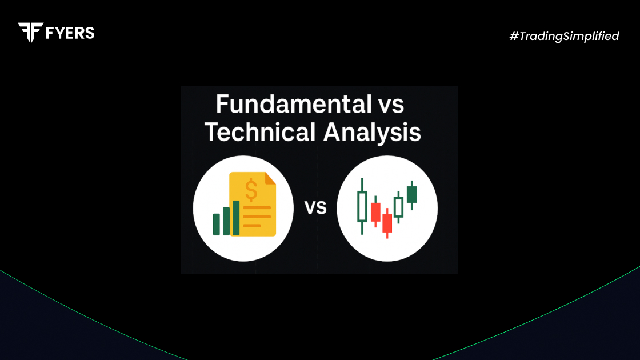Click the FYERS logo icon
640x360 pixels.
pos(31,32)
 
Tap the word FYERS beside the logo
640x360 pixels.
pos(70,33)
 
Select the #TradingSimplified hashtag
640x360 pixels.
pos(564,37)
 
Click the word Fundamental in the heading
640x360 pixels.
pos(294,104)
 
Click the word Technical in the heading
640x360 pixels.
pos(260,132)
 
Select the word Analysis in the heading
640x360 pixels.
pos(372,133)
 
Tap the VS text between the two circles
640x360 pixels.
pos(315,208)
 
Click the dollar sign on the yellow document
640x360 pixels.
pos(251,191)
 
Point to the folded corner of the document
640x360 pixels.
pos(270,178)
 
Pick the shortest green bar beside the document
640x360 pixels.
pos(217,225)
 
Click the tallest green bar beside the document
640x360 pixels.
pos(236,218)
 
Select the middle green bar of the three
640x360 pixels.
pos(226,221)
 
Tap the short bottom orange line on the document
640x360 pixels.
pos(252,226)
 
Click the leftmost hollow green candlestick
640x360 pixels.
pos(362,206)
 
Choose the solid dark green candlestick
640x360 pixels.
pos(412,194)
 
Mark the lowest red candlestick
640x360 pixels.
pos(387,223)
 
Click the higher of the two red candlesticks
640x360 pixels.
pos(375,212)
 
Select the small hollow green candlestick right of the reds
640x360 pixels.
pos(398,207)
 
